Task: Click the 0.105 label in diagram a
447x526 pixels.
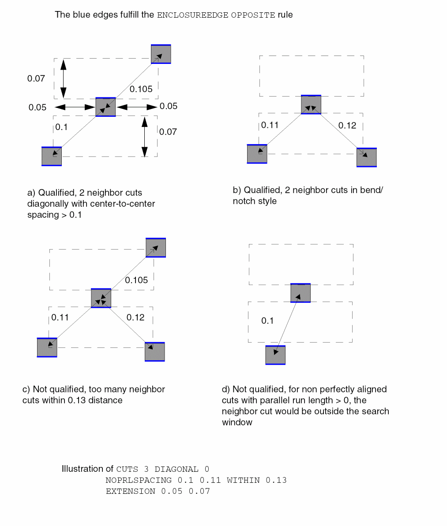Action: tap(141, 89)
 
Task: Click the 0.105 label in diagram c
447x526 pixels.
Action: tap(136, 280)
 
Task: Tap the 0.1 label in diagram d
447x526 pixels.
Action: tap(267, 321)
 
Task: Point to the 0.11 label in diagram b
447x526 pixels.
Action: tap(270, 125)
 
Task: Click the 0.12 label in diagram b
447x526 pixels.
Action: tap(347, 126)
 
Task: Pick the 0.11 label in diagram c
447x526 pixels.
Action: tap(60, 317)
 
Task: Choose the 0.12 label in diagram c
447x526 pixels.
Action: tap(135, 317)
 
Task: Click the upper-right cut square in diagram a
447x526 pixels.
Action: tap(161, 54)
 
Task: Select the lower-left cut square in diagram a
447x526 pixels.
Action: tap(52, 156)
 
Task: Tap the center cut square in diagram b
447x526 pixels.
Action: tap(311, 104)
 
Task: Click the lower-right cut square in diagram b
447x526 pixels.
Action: tap(367, 157)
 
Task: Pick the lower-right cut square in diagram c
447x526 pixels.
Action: tap(155, 352)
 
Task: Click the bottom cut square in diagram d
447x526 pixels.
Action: tap(275, 355)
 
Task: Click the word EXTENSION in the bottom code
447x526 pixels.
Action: tap(130, 491)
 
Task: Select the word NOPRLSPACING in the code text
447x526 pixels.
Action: tap(139, 480)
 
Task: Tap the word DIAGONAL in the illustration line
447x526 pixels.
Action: tap(176, 469)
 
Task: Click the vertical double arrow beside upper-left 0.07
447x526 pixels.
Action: tap(63, 78)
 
